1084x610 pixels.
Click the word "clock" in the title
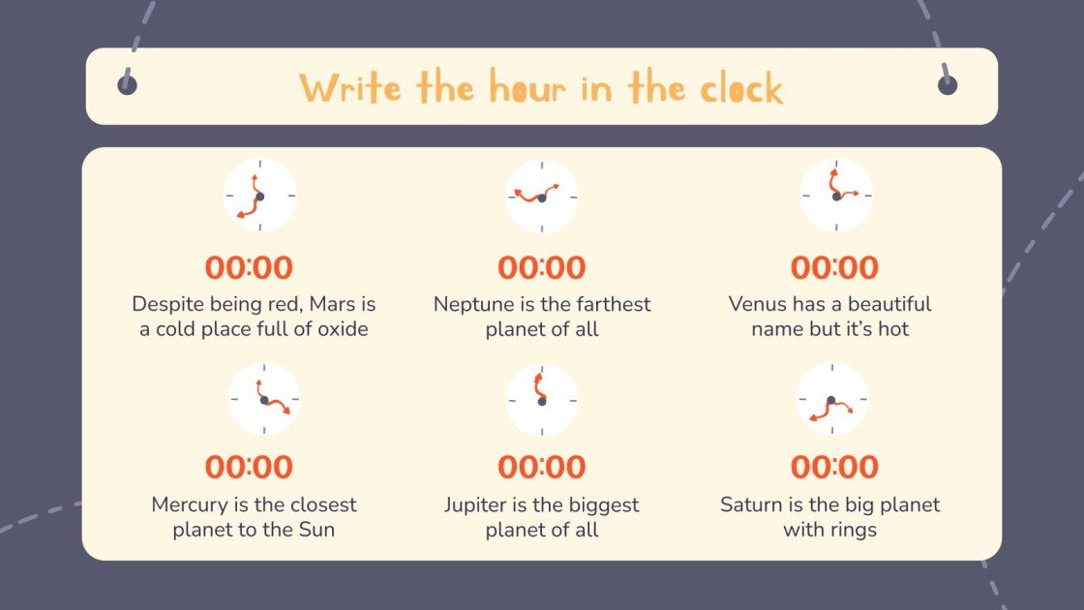(x=744, y=89)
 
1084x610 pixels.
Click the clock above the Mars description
(x=259, y=196)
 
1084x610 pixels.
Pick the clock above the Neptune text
(x=542, y=197)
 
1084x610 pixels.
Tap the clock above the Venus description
(x=836, y=196)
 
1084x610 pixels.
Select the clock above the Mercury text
(x=263, y=399)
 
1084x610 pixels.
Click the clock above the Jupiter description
(x=542, y=399)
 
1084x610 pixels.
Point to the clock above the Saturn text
(x=832, y=399)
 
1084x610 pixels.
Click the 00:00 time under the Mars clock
(x=249, y=267)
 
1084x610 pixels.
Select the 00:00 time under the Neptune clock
(x=542, y=267)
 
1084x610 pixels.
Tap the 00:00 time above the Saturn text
(x=834, y=467)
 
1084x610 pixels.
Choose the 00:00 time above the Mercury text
(x=249, y=467)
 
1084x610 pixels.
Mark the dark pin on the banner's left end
(x=127, y=85)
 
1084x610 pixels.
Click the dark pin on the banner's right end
(x=948, y=85)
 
